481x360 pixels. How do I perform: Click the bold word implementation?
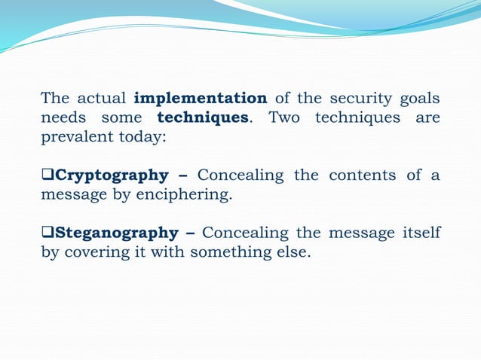(x=200, y=99)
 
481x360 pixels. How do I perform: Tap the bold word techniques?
(x=203, y=118)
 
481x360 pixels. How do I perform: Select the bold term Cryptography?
(x=112, y=175)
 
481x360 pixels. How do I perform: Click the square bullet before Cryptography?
(x=47, y=176)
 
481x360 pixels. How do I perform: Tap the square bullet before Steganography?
(x=47, y=233)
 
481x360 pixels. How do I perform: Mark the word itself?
(x=419, y=232)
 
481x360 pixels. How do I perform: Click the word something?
(x=228, y=252)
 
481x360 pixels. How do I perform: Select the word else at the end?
(x=292, y=252)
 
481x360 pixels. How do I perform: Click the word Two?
(x=283, y=118)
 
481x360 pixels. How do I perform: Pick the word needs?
(x=63, y=118)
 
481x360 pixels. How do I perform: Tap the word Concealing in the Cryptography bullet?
(x=241, y=175)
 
